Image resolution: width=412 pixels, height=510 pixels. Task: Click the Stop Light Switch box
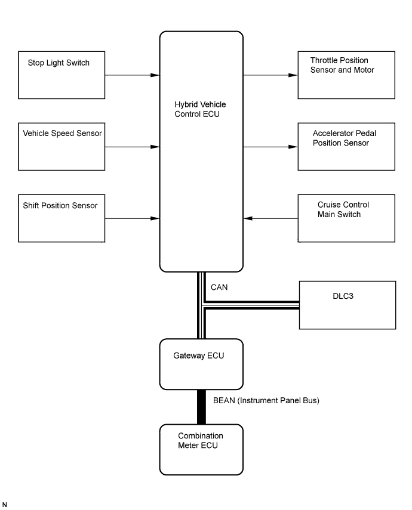tap(62, 75)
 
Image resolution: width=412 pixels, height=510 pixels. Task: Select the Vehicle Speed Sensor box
tap(62, 146)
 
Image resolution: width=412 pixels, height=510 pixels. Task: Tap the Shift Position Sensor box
tap(62, 218)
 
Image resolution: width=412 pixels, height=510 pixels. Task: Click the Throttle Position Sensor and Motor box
tap(346, 75)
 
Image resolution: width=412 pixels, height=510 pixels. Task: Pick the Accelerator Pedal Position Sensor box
tap(346, 146)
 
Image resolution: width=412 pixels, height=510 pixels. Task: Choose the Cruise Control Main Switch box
tap(346, 218)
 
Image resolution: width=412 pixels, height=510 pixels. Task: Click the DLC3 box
tap(347, 305)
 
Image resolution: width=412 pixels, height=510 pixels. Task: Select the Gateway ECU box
tap(201, 364)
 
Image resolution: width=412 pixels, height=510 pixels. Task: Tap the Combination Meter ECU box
tap(201, 449)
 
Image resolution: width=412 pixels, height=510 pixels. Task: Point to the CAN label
tap(219, 288)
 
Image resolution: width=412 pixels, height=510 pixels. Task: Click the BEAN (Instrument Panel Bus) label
tap(266, 401)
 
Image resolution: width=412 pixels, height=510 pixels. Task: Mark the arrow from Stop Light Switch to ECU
tap(132, 75)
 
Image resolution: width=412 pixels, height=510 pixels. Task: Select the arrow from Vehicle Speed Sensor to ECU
tap(132, 147)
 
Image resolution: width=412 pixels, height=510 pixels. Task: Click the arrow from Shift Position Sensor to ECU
tap(132, 218)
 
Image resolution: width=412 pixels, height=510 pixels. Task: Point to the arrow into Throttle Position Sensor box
tap(270, 75)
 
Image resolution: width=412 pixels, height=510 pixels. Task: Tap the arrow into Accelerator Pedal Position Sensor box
tap(270, 147)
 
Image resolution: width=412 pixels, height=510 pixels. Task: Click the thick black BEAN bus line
tap(201, 407)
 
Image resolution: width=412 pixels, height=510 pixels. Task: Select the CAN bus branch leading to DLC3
tap(251, 305)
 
